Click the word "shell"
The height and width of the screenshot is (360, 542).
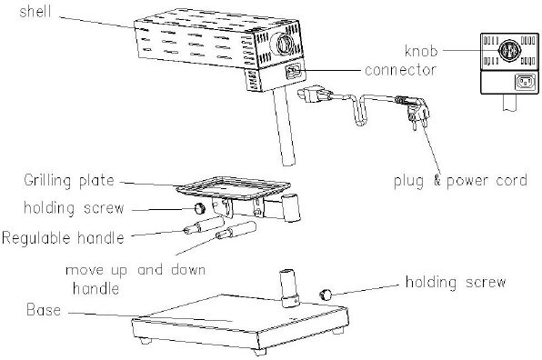click(x=35, y=12)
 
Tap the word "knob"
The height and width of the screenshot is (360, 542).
click(x=421, y=51)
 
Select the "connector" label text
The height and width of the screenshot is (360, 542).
click(x=401, y=70)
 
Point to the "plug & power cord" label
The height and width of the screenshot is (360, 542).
click(x=460, y=181)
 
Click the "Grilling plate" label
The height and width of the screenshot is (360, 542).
click(x=69, y=181)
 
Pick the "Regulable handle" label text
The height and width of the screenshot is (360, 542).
click(x=63, y=238)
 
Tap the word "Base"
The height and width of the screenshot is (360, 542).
click(x=44, y=310)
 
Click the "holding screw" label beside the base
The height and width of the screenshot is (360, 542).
click(x=456, y=282)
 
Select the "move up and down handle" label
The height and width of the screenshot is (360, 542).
click(x=135, y=279)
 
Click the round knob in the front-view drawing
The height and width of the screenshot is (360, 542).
click(x=509, y=51)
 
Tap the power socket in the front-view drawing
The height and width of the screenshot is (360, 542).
click(x=526, y=83)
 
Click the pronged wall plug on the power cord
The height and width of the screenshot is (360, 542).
click(x=417, y=112)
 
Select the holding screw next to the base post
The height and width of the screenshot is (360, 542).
click(x=326, y=295)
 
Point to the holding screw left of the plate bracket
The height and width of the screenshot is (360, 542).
click(x=199, y=208)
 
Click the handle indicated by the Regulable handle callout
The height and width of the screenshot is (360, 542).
click(x=204, y=225)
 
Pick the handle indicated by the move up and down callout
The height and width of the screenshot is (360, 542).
click(x=236, y=230)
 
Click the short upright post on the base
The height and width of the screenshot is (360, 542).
click(x=289, y=287)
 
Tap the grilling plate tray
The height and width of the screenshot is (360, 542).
click(x=234, y=188)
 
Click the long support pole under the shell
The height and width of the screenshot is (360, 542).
click(x=285, y=126)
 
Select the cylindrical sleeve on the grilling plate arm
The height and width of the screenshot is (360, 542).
click(x=292, y=207)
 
